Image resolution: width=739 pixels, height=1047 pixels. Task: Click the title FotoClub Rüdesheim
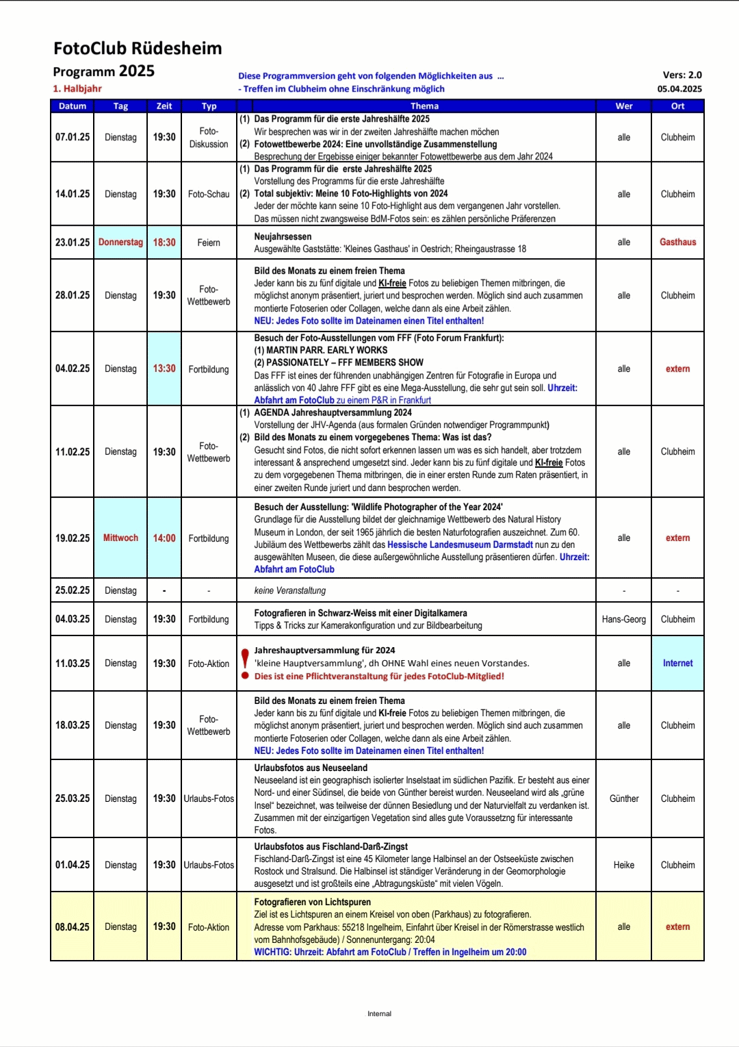[138, 48]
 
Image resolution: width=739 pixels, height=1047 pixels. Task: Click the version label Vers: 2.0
[682, 75]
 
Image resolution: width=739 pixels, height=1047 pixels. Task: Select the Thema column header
[424, 106]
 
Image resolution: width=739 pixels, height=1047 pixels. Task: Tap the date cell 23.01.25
[73, 242]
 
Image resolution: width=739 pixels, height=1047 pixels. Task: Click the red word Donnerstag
[120, 242]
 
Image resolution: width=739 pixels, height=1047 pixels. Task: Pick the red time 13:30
[164, 368]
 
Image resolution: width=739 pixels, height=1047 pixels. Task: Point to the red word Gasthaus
[677, 242]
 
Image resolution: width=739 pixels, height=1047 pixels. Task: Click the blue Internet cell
[677, 663]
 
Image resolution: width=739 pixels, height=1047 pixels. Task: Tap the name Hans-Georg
[623, 619]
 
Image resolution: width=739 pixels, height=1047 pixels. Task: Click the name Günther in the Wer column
[623, 798]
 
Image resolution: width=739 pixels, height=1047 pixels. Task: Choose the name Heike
[623, 865]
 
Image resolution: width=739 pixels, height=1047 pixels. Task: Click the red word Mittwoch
[120, 538]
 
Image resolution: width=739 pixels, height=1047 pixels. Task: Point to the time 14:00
[164, 538]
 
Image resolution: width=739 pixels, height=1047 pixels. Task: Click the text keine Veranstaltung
[290, 590]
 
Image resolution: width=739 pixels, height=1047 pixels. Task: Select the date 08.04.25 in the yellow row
[73, 926]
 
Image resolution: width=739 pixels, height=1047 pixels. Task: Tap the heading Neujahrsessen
[283, 237]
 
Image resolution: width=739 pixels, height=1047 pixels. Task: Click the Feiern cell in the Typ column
[209, 242]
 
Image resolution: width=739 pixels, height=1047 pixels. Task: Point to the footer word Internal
[379, 1013]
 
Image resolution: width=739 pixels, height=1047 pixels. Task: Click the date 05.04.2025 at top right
[679, 89]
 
